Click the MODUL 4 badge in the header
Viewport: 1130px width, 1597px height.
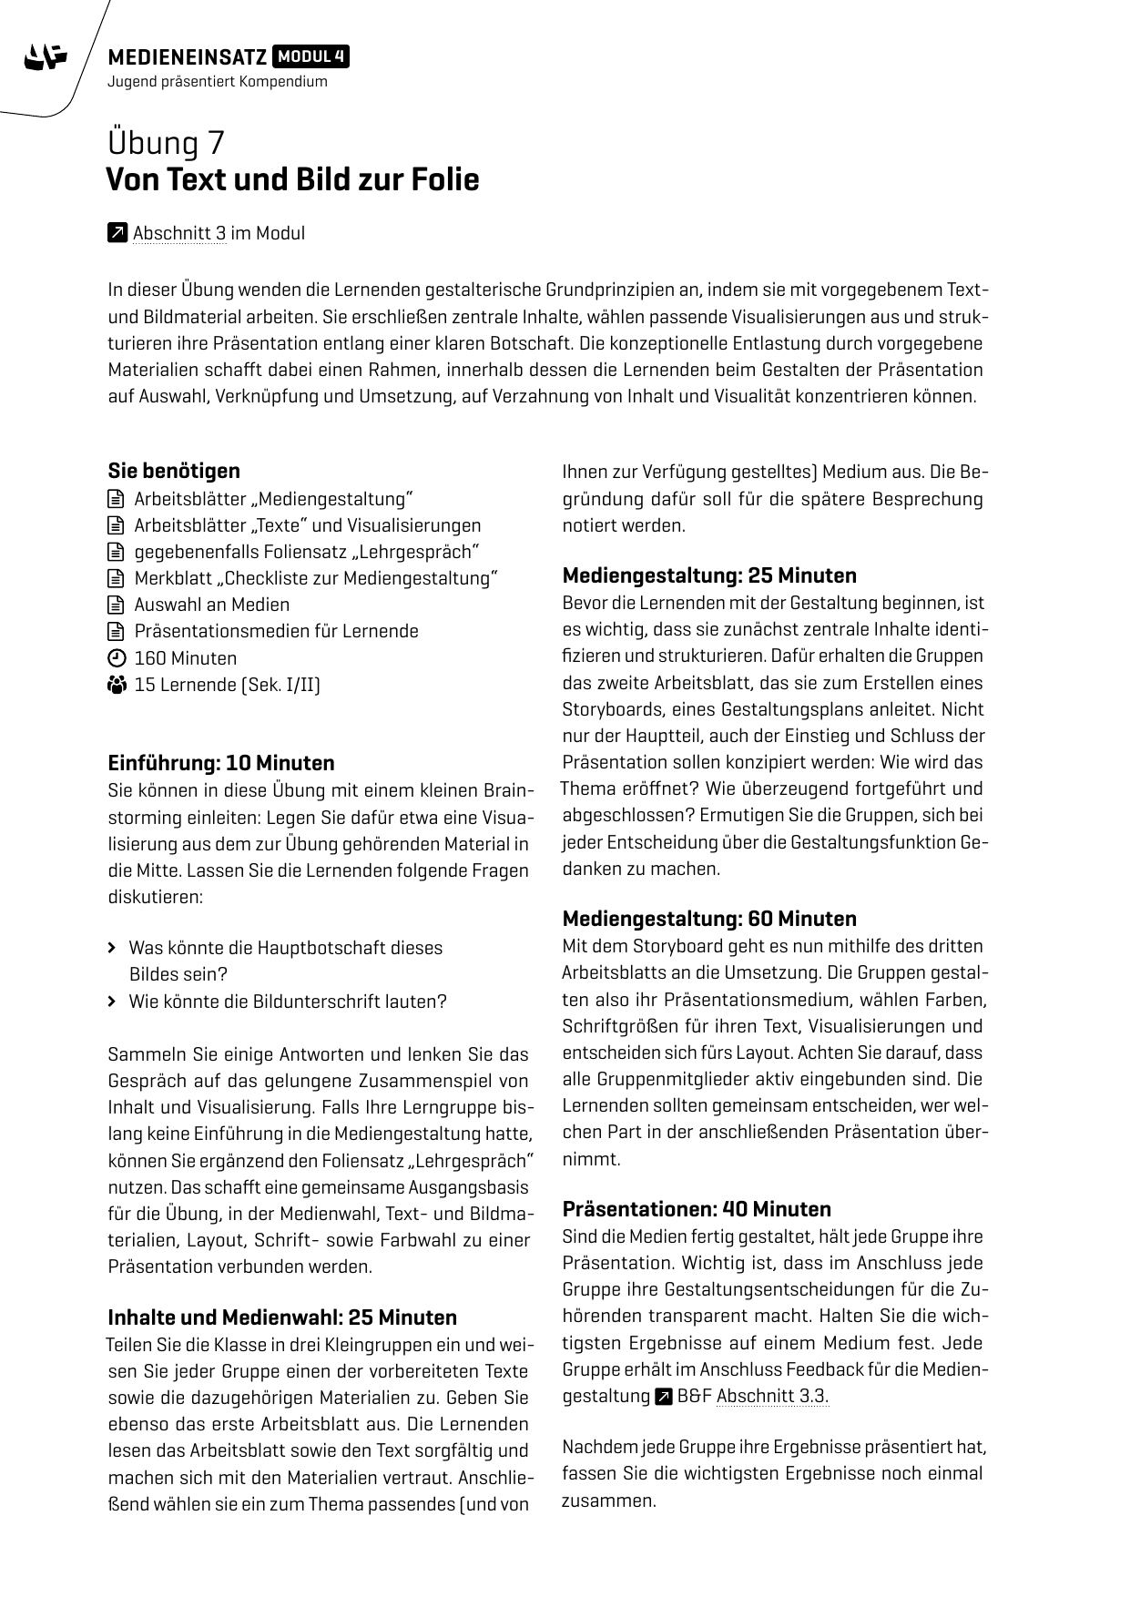pyautogui.click(x=310, y=57)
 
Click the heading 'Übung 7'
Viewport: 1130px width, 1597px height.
pyautogui.click(x=167, y=144)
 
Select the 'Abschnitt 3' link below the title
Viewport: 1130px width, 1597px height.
pyautogui.click(x=179, y=233)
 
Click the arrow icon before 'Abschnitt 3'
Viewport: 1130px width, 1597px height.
pyautogui.click(x=117, y=233)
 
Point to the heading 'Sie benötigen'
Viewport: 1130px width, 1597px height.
pyautogui.click(x=174, y=471)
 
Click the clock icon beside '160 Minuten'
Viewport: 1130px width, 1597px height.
pyautogui.click(x=116, y=658)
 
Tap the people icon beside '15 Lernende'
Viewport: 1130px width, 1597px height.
pyautogui.click(x=116, y=685)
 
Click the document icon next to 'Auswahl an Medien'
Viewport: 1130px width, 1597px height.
pyautogui.click(x=116, y=605)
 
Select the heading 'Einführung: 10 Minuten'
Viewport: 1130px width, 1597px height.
pyautogui.click(x=221, y=763)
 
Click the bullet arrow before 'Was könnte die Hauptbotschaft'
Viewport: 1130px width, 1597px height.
pyautogui.click(x=112, y=948)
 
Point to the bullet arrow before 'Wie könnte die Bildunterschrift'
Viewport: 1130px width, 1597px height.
pyautogui.click(x=112, y=1002)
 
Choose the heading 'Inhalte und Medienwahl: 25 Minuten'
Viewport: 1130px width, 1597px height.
pyautogui.click(x=282, y=1317)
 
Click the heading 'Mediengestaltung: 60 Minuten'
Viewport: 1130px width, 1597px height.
pyautogui.click(x=709, y=919)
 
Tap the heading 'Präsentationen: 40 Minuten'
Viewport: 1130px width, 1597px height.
pyautogui.click(x=697, y=1209)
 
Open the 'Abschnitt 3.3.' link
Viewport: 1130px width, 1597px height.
pyautogui.click(x=772, y=1396)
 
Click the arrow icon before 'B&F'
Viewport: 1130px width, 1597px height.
pyautogui.click(x=664, y=1396)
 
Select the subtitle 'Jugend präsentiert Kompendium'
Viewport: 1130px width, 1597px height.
pyautogui.click(x=218, y=82)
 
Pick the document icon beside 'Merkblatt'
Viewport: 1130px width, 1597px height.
pyautogui.click(x=116, y=578)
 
